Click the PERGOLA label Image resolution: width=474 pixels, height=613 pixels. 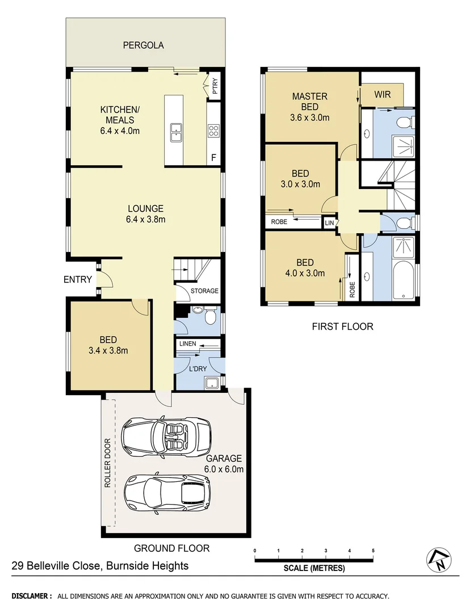[144, 45]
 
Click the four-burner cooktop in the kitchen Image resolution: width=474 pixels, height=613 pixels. [214, 131]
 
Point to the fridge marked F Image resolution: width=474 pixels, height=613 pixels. [213, 158]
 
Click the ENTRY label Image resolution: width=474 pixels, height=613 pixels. [78, 279]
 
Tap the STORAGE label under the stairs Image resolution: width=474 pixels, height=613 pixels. [204, 291]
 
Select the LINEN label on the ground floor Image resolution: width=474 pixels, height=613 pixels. [188, 345]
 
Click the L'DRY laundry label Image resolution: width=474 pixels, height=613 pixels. [198, 369]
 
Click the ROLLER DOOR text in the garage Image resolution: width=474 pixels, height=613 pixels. [107, 464]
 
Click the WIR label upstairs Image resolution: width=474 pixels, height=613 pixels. [382, 95]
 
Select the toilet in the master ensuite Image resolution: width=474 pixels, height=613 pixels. [405, 122]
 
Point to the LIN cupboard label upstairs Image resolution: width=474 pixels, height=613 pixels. [329, 223]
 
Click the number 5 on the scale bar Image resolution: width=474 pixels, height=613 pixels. [373, 551]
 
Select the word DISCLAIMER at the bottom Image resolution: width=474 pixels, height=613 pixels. [32, 596]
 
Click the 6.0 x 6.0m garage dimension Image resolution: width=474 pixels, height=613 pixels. [224, 469]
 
